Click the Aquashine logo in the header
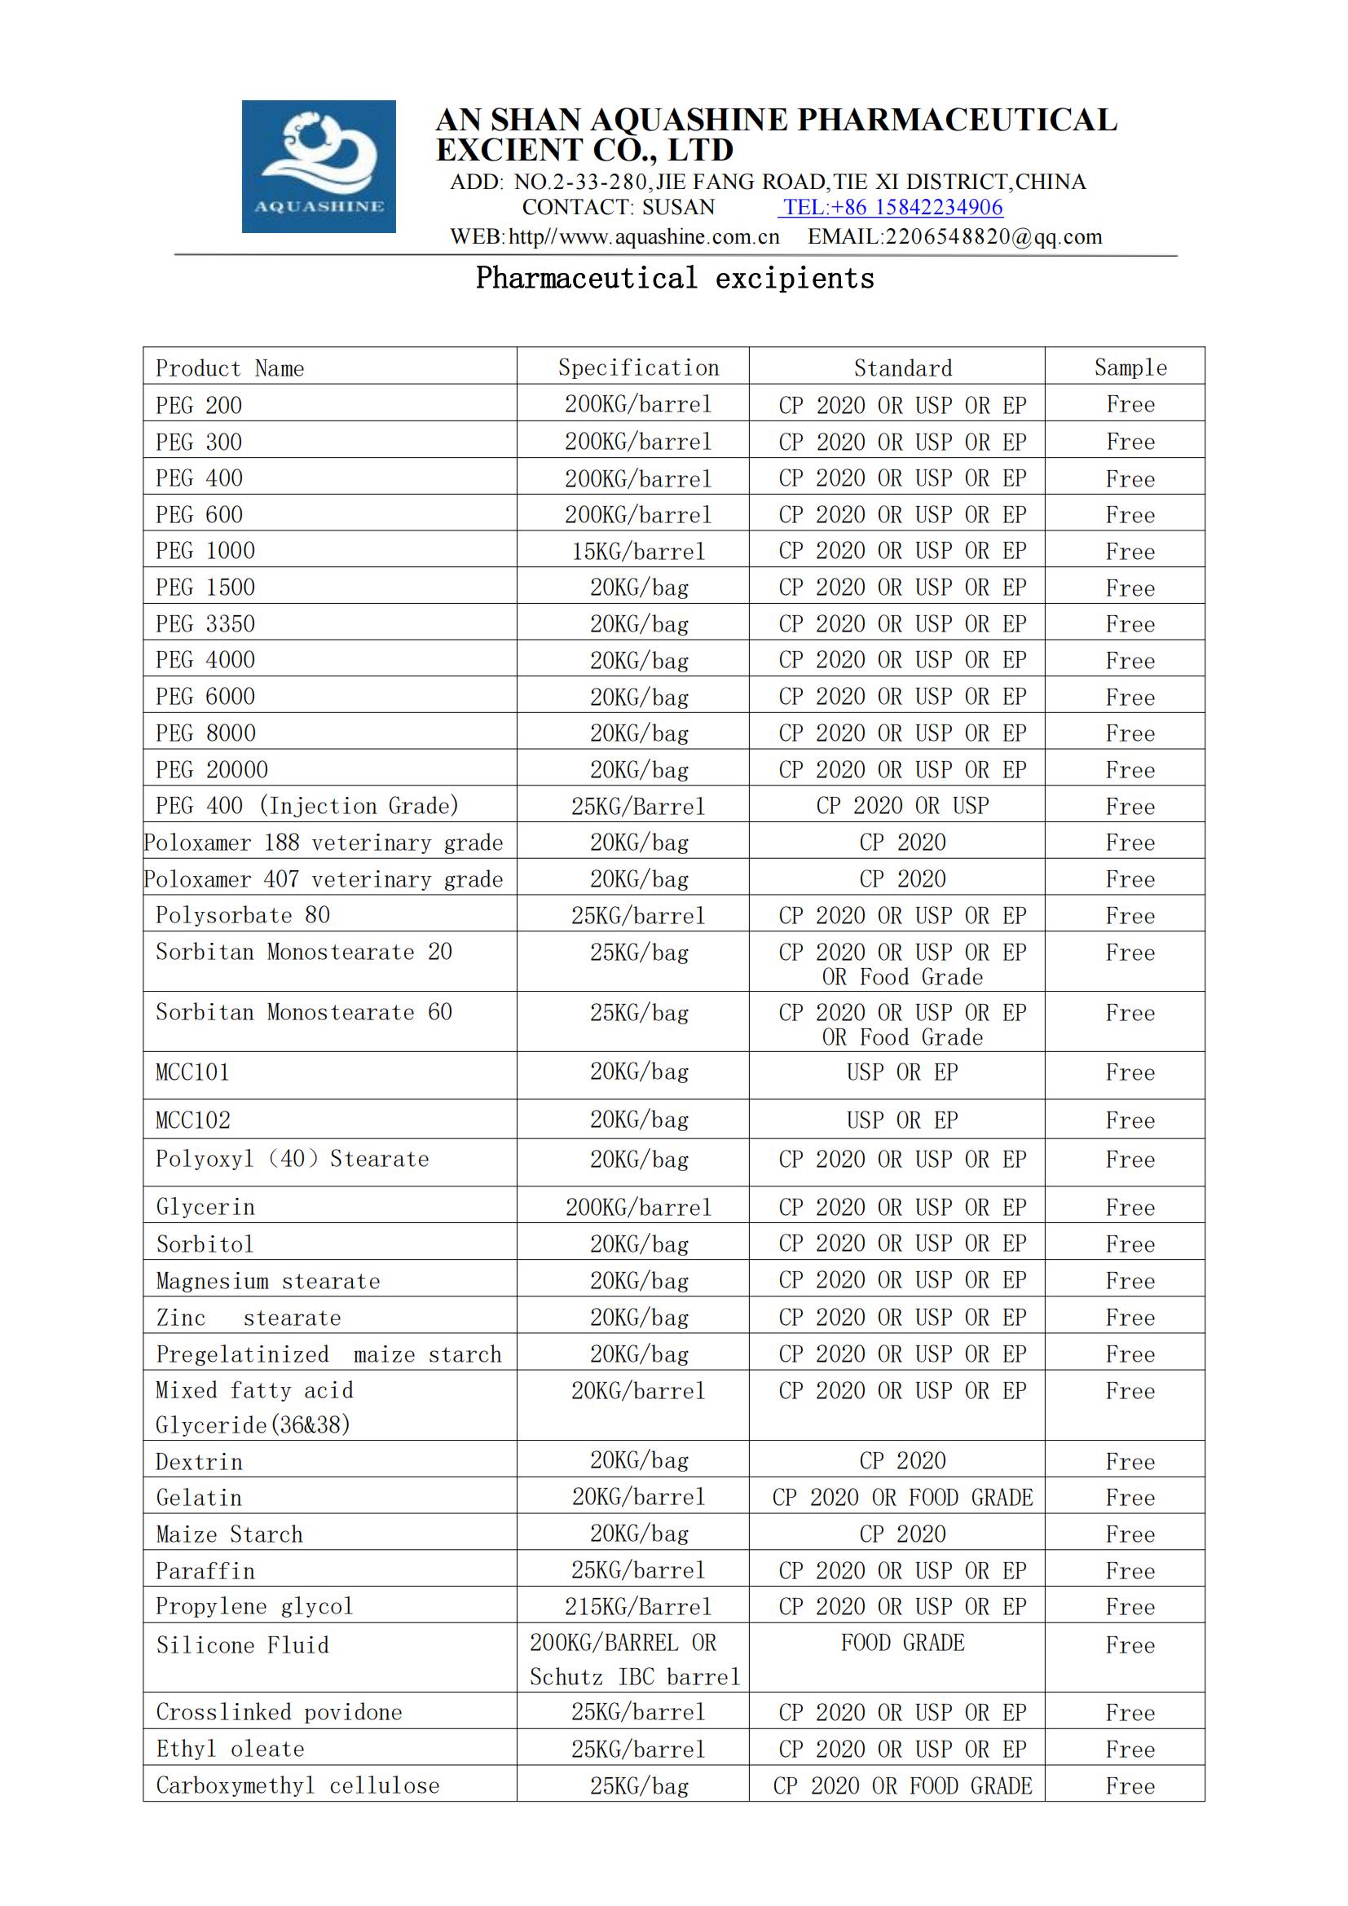pyautogui.click(x=319, y=166)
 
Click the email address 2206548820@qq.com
pyautogui.click(x=954, y=237)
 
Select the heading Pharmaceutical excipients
pyautogui.click(x=675, y=278)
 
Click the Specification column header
pyautogui.click(x=638, y=368)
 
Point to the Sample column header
pyautogui.click(x=1130, y=368)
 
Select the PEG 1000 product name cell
pyautogui.click(x=206, y=551)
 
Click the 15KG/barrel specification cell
pyautogui.click(x=638, y=551)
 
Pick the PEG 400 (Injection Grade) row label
pyautogui.click(x=307, y=806)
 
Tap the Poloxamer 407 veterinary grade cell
pyautogui.click(x=324, y=879)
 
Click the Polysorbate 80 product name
pyautogui.click(x=242, y=916)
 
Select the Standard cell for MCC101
pyautogui.click(x=902, y=1072)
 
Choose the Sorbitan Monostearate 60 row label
pyautogui.click(x=304, y=1013)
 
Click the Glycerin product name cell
pyautogui.click(x=206, y=1208)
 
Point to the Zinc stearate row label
pyautogui.click(x=249, y=1318)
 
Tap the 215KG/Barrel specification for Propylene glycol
pyautogui.click(x=638, y=1607)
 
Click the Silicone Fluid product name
pyautogui.click(x=242, y=1645)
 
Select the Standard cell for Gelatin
pyautogui.click(x=902, y=1498)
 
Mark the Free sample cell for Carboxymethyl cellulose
pyautogui.click(x=1130, y=1786)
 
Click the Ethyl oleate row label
pyautogui.click(x=231, y=1749)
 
